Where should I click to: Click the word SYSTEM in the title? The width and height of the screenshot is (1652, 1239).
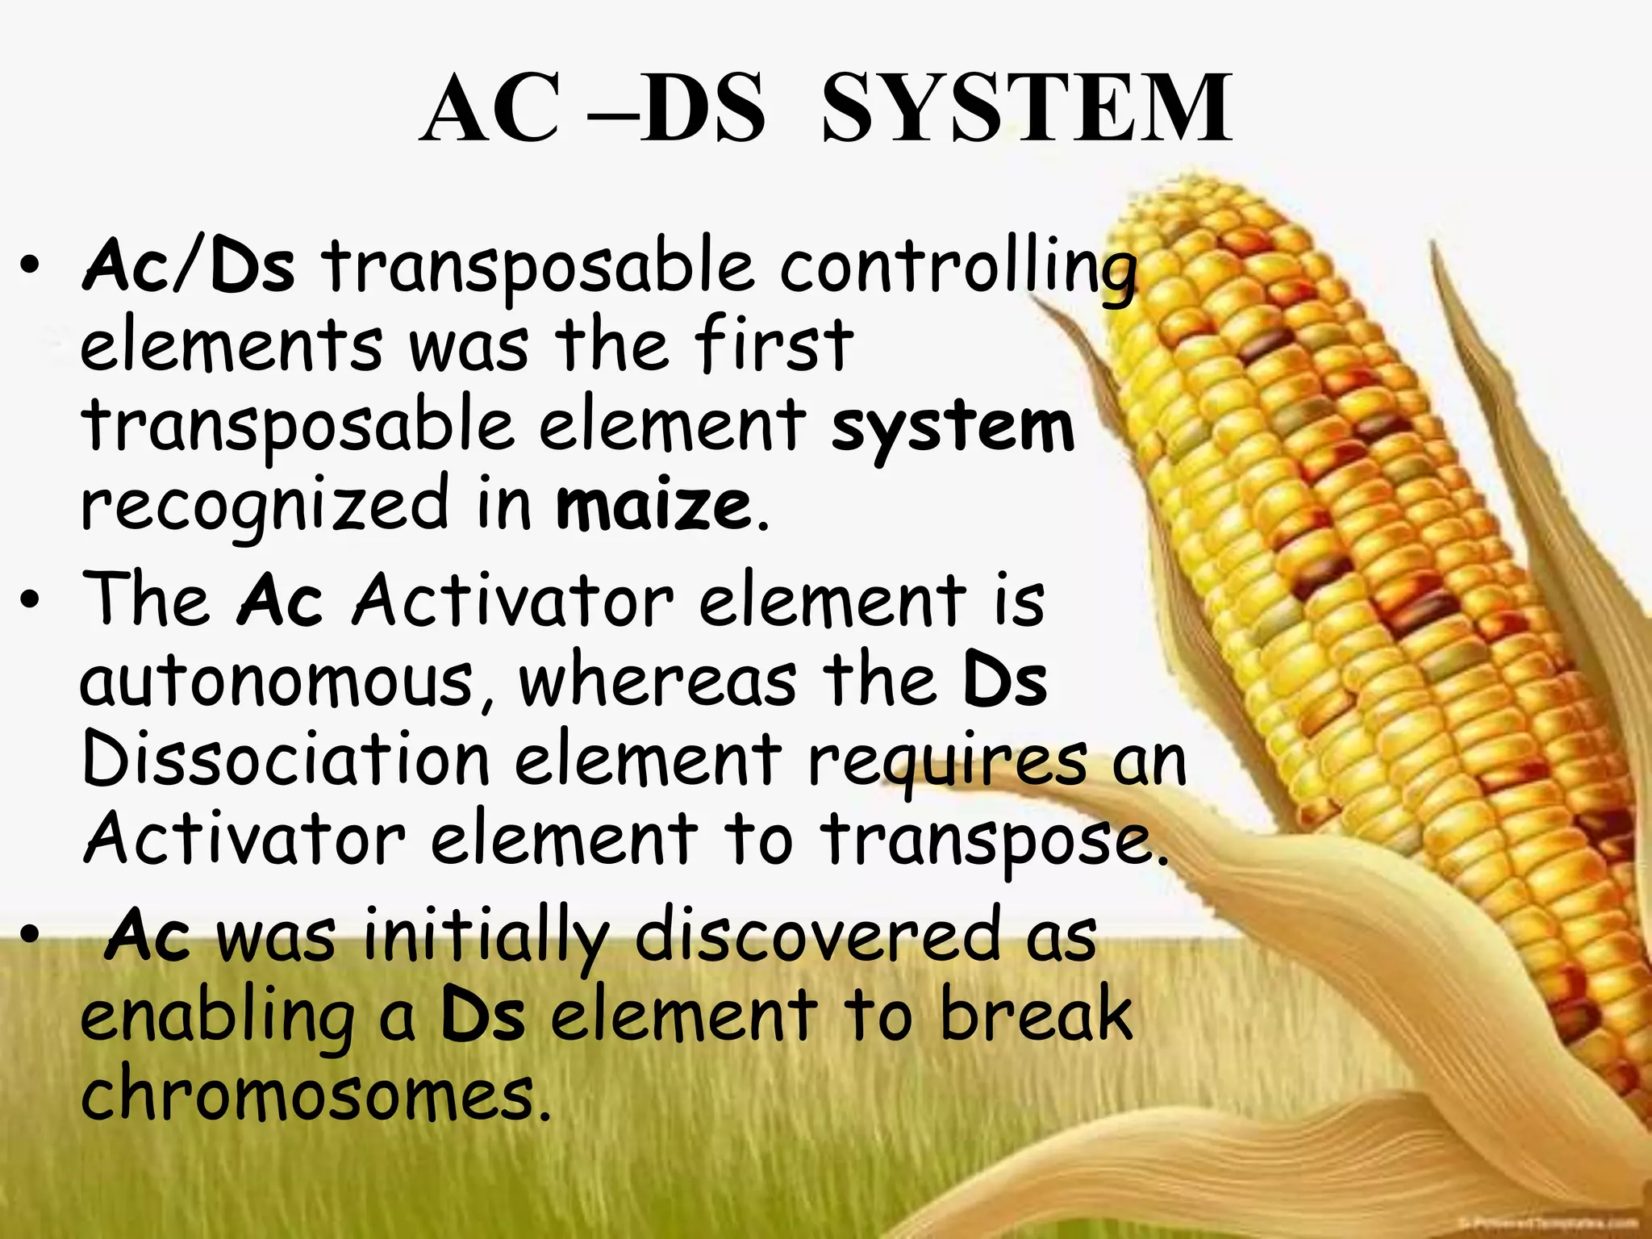click(x=1026, y=109)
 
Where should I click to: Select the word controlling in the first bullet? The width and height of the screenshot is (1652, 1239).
click(x=958, y=268)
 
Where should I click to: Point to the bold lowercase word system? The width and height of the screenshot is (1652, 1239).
click(x=953, y=428)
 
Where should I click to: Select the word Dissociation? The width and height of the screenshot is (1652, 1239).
click(x=286, y=759)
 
